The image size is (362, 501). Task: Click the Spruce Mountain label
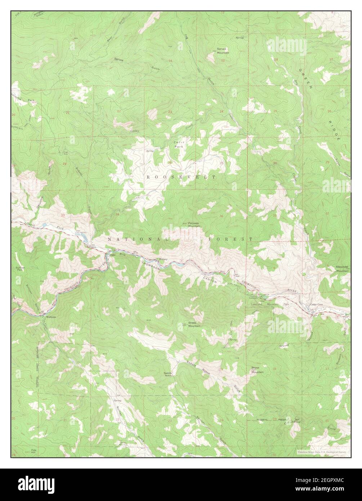[223, 50]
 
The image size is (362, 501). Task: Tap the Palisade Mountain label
[194, 225]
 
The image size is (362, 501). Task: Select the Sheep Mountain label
[194, 324]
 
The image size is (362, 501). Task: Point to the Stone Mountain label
[257, 369]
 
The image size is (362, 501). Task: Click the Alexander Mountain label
[342, 268]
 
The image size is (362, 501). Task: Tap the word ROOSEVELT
[181, 177]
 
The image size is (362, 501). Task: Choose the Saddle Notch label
[168, 374]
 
